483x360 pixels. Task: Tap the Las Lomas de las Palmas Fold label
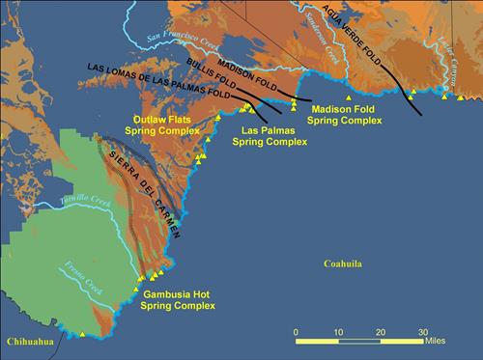(159, 82)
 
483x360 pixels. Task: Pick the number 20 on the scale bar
(381, 332)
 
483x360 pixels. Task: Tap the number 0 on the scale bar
(297, 332)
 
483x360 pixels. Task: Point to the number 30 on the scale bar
(422, 332)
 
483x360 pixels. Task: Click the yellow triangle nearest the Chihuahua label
(82, 335)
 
